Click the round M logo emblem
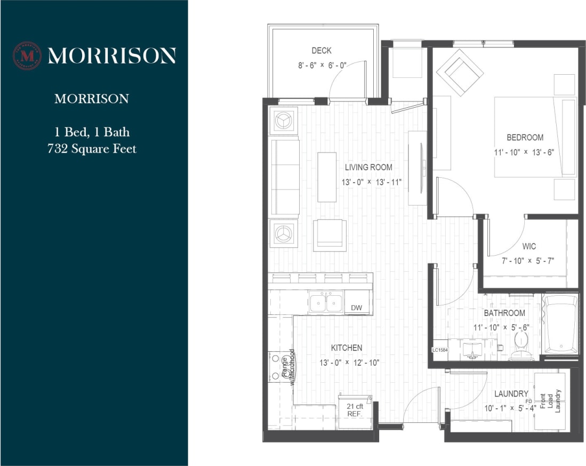(27, 56)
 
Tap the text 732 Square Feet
(92, 148)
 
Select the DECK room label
(322, 51)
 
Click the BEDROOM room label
(525, 137)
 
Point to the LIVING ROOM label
(368, 167)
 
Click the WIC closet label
(529, 247)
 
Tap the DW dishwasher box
(356, 308)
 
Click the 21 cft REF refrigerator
(355, 410)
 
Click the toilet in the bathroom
(519, 346)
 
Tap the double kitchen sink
(326, 303)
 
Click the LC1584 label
(439, 350)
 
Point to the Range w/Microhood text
(288, 367)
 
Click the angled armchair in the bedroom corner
(460, 73)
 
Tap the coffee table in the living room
(327, 177)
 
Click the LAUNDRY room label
(511, 394)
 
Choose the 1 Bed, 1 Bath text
(92, 131)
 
